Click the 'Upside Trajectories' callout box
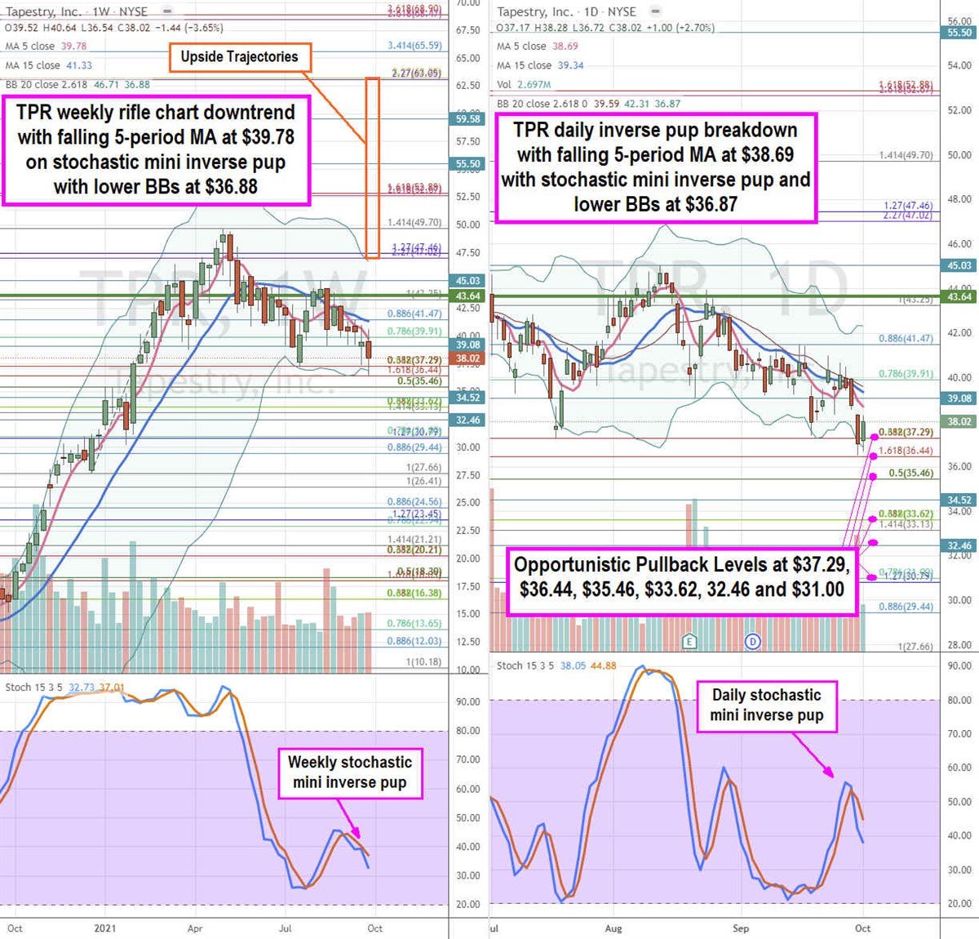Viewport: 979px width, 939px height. click(x=239, y=57)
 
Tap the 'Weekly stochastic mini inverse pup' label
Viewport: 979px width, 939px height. click(x=350, y=772)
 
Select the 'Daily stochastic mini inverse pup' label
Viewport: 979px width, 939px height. click(x=766, y=705)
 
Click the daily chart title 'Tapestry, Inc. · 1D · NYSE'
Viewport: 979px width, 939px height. click(x=566, y=11)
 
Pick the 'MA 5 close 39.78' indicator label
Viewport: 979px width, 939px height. click(x=46, y=47)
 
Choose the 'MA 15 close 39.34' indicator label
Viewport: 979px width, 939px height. click(x=540, y=65)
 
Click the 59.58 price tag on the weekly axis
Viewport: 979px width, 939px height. click(x=467, y=119)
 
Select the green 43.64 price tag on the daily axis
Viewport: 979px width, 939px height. click(x=959, y=296)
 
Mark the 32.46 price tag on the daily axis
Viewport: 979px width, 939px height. click(x=959, y=545)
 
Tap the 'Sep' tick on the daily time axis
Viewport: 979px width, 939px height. click(x=741, y=928)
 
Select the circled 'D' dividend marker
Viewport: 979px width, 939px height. click(x=752, y=642)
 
